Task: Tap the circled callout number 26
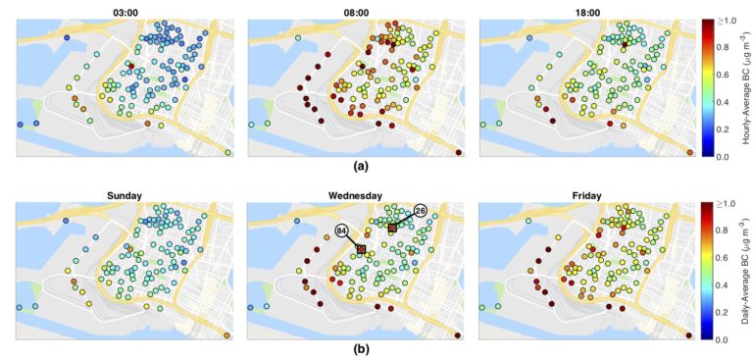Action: click(420, 211)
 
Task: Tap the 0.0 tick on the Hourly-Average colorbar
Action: click(722, 157)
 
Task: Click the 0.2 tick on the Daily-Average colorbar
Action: click(722, 312)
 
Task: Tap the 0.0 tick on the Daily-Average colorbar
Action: click(722, 339)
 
